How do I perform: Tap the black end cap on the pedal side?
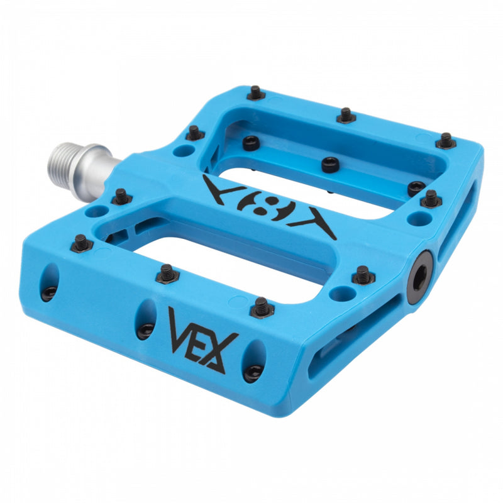point(419,277)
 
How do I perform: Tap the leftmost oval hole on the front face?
point(50,282)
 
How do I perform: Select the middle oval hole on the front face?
point(146,319)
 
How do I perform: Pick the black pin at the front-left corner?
point(81,242)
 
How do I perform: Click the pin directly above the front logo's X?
point(262,307)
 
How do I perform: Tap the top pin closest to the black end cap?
point(362,274)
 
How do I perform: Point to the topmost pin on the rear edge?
point(255,92)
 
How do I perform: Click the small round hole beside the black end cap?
point(343,294)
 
